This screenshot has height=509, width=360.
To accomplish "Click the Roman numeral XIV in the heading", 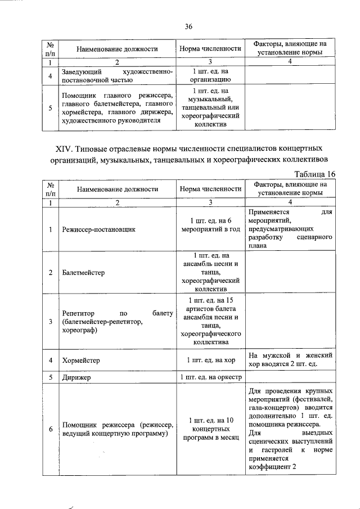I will [x=64, y=149].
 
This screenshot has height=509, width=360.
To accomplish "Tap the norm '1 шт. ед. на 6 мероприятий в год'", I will [x=210, y=225].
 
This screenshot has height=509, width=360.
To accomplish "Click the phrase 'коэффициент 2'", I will [x=271, y=466].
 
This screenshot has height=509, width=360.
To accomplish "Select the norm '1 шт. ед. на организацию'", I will [x=210, y=76].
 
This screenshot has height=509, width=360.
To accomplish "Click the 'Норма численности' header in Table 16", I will [x=210, y=190].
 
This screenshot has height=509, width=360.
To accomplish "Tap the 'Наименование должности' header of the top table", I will [x=118, y=49].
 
